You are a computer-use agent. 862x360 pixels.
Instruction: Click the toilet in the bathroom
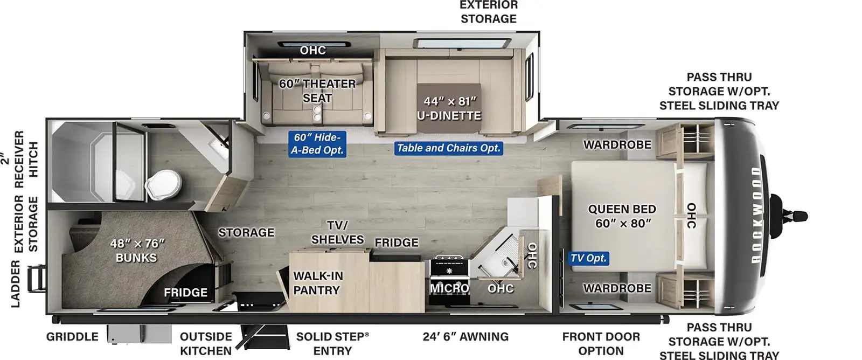point(163,185)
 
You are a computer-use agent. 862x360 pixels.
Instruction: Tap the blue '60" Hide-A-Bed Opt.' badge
point(317,143)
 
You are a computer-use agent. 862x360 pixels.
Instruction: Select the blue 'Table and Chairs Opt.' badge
point(449,148)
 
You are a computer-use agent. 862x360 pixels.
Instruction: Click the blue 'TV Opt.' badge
point(588,258)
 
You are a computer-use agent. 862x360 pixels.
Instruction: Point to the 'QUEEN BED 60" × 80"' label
point(622,216)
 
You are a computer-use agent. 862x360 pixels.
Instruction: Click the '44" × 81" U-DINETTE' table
point(449,108)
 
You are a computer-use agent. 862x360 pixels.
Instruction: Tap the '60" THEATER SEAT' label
point(317,91)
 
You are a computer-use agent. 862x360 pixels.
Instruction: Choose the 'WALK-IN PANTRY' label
point(318,283)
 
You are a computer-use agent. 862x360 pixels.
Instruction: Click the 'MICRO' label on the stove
point(449,288)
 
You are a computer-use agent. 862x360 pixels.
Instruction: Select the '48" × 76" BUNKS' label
point(137,251)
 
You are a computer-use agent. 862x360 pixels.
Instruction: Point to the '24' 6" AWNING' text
point(465,336)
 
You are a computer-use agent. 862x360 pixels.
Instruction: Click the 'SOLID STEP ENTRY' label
point(332,344)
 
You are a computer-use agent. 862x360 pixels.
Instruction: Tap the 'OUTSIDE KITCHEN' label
point(206,344)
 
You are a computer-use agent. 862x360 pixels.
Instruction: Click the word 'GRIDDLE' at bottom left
point(72,337)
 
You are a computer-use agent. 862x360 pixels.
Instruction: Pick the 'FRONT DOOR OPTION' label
point(601,344)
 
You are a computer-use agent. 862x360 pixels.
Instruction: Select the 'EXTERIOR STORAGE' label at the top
point(489,12)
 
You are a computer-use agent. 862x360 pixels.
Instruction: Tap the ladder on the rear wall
point(37,279)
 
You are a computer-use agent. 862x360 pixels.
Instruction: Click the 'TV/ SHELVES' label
point(337,232)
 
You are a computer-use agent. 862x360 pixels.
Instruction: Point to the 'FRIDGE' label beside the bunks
point(185,293)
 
